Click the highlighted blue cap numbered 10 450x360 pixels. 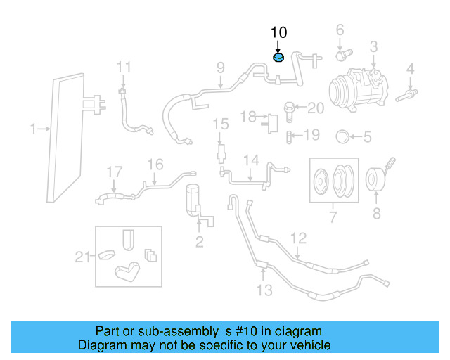278,57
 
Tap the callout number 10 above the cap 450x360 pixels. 278,32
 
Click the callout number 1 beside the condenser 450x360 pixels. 32,129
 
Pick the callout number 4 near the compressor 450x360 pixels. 409,69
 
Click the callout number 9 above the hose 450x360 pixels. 220,68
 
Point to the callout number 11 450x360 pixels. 124,67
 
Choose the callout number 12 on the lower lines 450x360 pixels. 298,238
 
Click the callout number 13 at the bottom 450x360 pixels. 264,290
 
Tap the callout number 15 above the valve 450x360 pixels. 221,124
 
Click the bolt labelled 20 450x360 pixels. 289,108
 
